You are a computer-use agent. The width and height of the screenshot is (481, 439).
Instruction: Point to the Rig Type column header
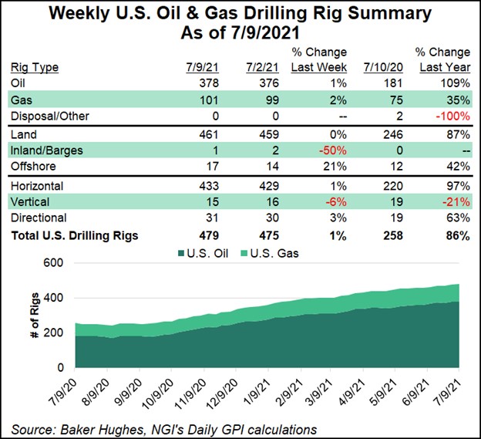tap(38, 67)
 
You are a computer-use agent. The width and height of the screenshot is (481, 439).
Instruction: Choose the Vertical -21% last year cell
tap(456, 202)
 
